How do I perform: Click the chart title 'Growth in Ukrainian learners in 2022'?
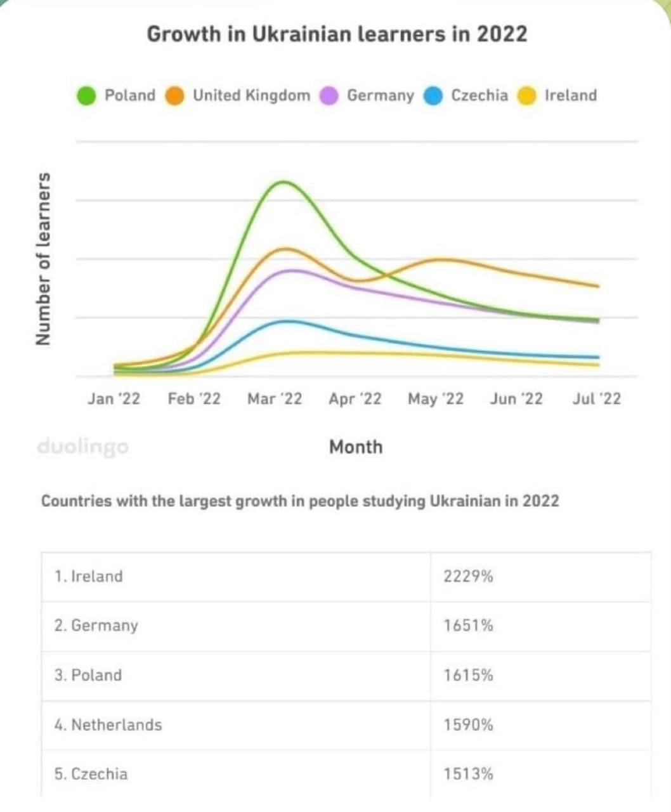point(337,34)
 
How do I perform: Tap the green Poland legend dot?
point(86,96)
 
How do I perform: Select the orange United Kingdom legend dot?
point(174,96)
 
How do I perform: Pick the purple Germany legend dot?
point(329,96)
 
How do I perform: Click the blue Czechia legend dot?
point(433,96)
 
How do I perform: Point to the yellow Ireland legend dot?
point(527,96)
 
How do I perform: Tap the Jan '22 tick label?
point(114,399)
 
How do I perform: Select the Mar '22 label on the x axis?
point(275,399)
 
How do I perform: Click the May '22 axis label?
point(436,399)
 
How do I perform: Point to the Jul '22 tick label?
point(596,399)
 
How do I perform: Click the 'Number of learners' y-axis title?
point(44,259)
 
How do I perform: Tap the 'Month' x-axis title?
point(356,447)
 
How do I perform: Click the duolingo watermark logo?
point(82,447)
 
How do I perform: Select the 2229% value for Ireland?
point(468,577)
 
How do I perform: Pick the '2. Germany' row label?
point(96,626)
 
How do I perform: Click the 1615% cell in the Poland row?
point(468,675)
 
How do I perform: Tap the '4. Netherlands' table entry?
point(108,724)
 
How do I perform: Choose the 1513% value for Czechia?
point(468,774)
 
